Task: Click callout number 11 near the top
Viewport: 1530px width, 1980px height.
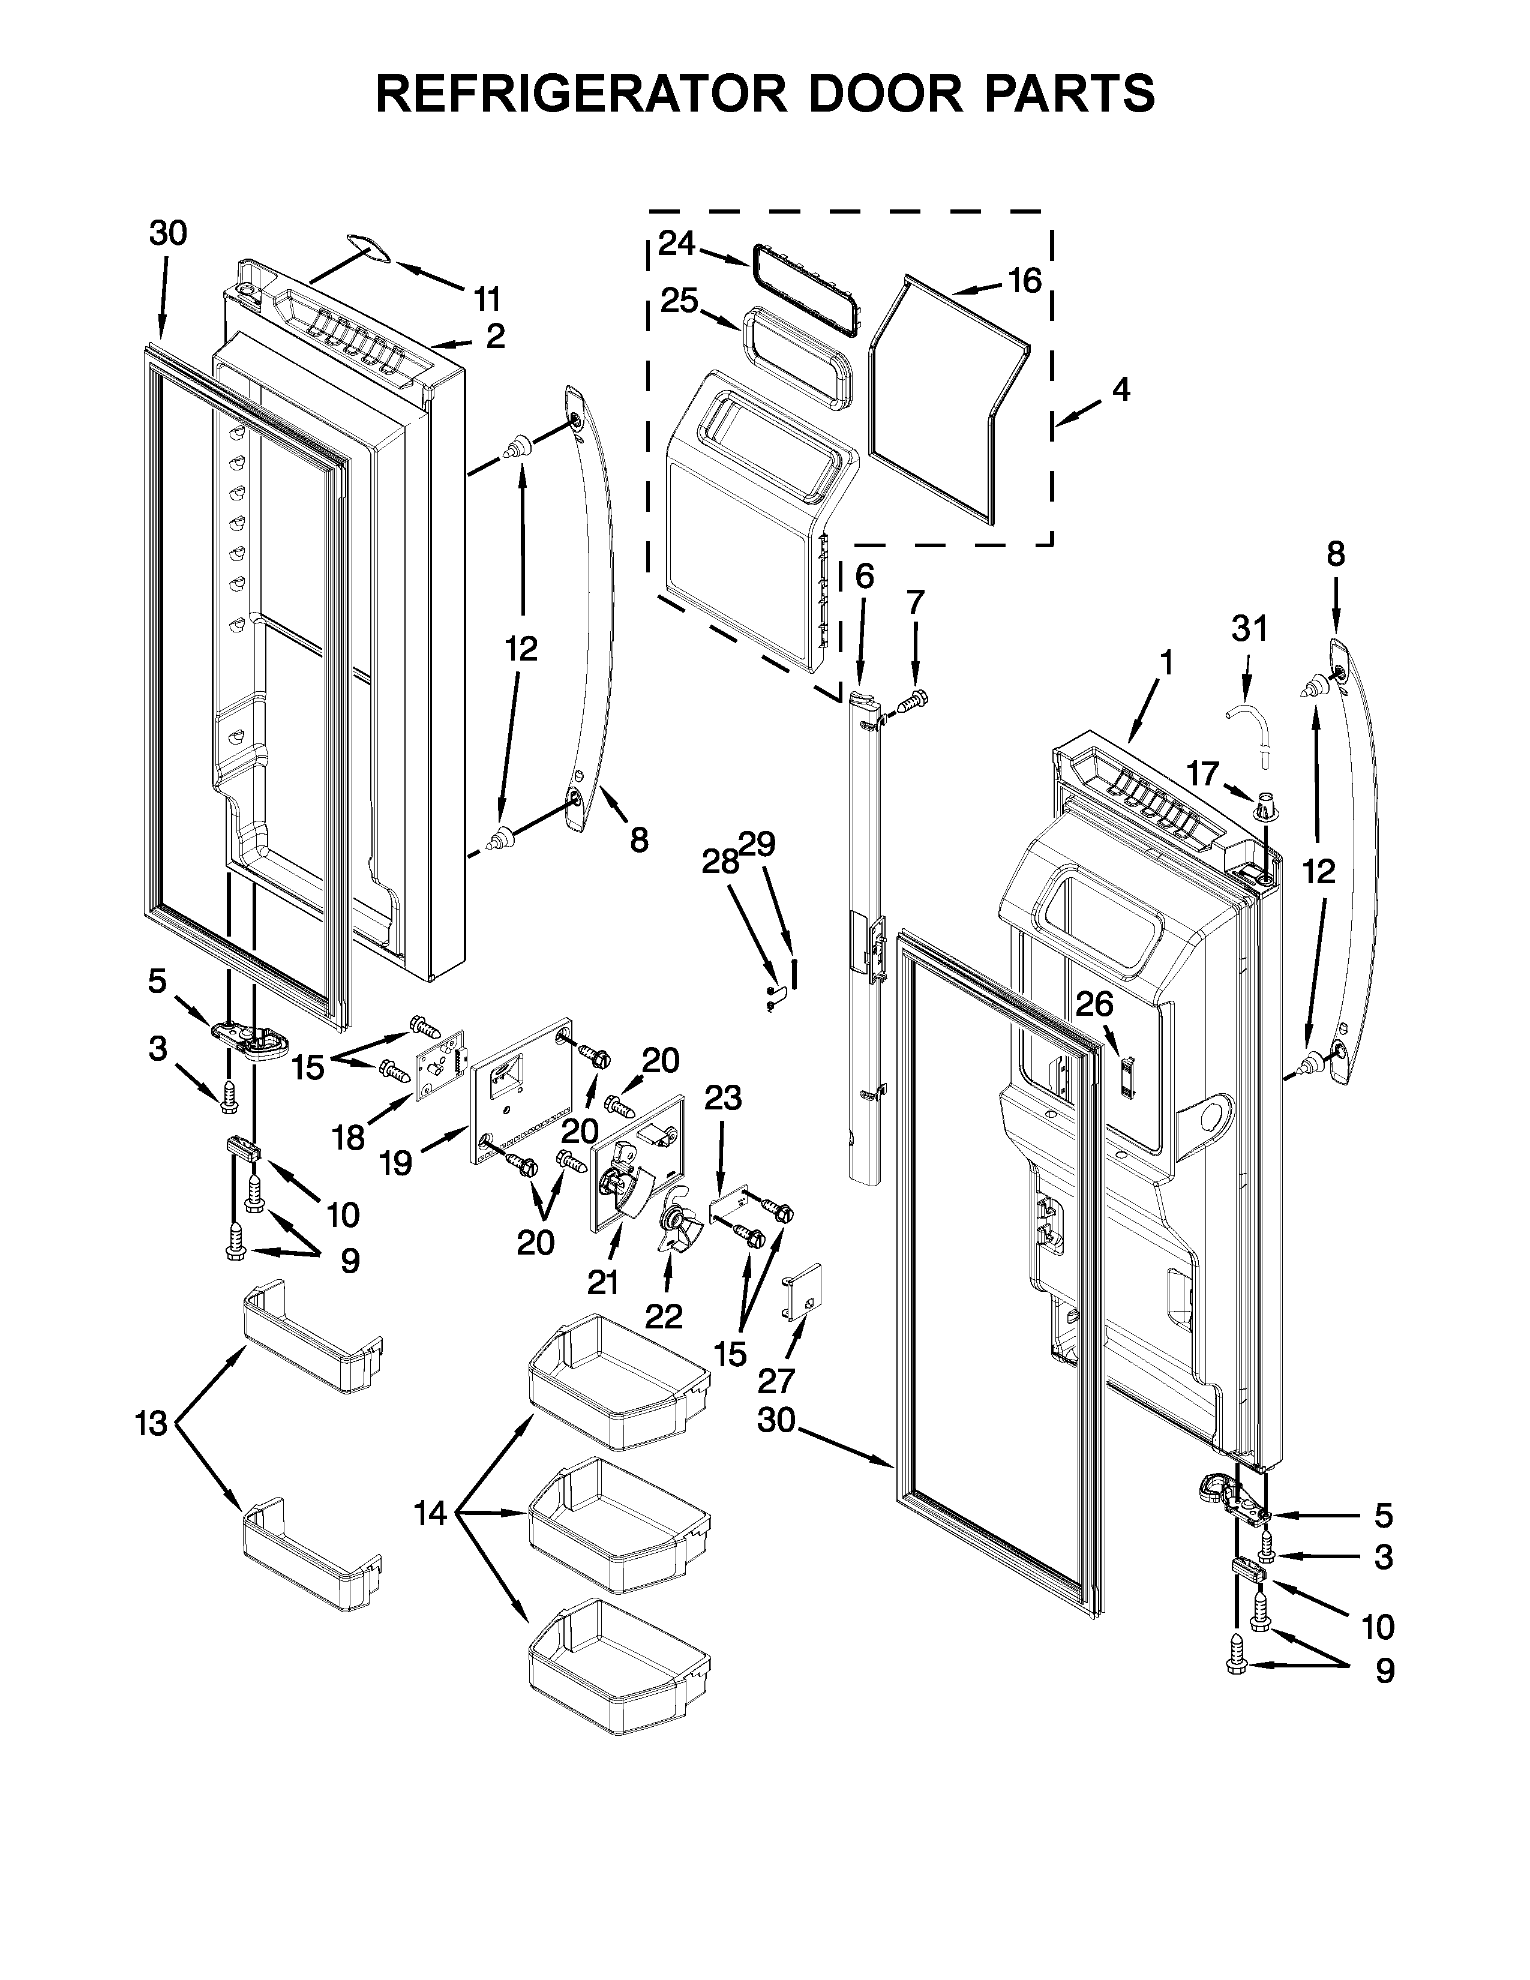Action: coord(487,298)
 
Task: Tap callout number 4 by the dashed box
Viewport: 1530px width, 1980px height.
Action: coord(1121,390)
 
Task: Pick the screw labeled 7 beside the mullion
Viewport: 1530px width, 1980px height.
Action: coord(912,699)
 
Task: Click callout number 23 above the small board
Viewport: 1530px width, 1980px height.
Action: coord(722,1098)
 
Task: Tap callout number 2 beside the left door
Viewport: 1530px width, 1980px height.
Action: coord(495,337)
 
